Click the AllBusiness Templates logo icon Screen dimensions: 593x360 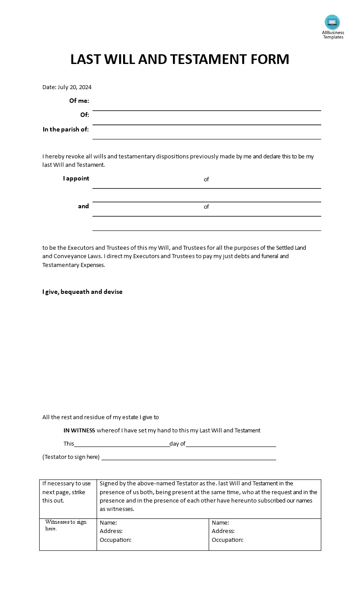(x=332, y=22)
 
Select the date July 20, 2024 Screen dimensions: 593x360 (x=75, y=87)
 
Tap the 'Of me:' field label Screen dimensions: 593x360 (x=79, y=101)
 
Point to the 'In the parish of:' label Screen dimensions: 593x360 (x=66, y=129)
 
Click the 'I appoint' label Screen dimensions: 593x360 (x=76, y=178)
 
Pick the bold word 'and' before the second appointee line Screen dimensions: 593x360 (x=83, y=206)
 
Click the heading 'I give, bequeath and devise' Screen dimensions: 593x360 (x=82, y=292)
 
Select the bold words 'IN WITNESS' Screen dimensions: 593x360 (x=79, y=430)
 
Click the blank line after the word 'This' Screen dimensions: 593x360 (x=122, y=446)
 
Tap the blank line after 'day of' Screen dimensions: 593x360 (x=231, y=446)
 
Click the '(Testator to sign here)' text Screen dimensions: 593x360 (x=71, y=457)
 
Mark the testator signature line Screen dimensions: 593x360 (x=189, y=459)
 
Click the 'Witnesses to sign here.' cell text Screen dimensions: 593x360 (x=66, y=525)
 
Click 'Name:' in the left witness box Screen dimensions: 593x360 (x=108, y=522)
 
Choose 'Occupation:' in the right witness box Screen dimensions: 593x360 (x=228, y=540)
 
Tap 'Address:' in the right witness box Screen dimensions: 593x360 (x=223, y=531)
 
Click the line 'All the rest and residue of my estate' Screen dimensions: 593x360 (x=101, y=417)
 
